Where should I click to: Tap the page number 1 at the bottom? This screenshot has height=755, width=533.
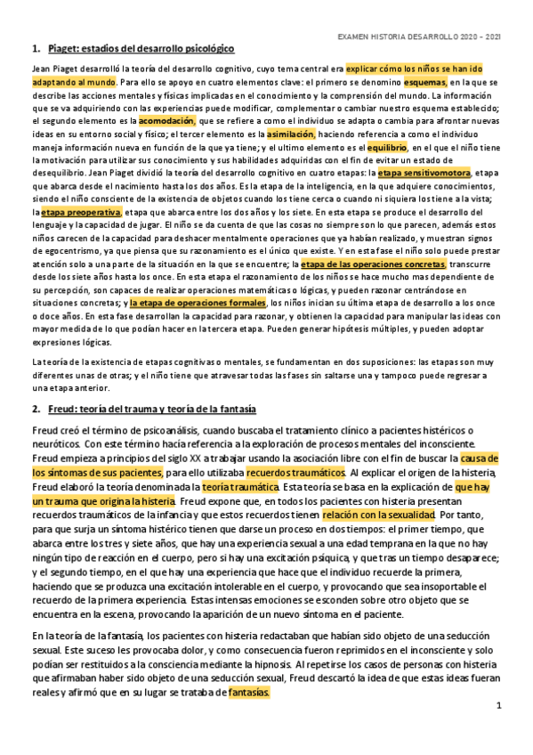[x=500, y=705]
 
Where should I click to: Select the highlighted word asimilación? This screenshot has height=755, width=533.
[x=291, y=133]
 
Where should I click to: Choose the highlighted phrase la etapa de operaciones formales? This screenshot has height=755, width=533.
[x=197, y=303]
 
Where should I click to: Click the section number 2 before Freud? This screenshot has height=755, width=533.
[x=36, y=410]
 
